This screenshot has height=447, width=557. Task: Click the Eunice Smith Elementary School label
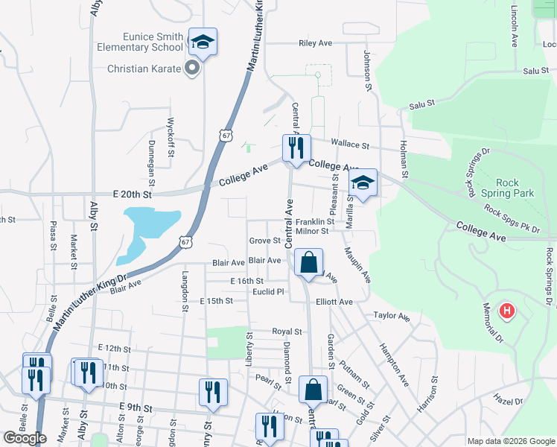(144, 42)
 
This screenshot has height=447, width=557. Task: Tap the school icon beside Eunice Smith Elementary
(202, 42)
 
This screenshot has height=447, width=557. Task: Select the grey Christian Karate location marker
(192, 69)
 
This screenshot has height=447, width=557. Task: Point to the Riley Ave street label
(314, 43)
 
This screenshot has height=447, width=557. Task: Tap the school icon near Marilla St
(363, 183)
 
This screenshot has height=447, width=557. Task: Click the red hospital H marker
(507, 310)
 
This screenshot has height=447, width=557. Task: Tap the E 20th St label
(132, 194)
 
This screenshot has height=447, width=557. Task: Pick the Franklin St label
(314, 222)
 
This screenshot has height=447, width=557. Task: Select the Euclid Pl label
(270, 291)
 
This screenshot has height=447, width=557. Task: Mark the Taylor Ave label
(392, 316)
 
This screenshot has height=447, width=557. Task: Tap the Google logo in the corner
(25, 437)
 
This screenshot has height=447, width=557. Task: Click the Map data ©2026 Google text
(510, 441)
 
